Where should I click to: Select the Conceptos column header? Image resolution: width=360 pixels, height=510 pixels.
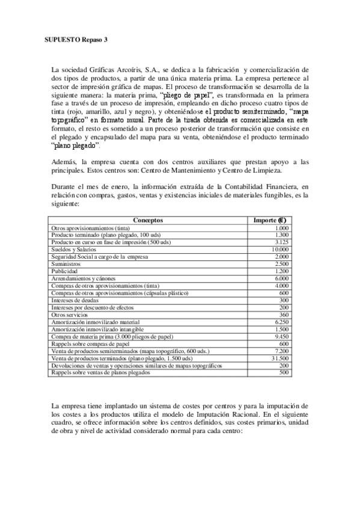(147, 221)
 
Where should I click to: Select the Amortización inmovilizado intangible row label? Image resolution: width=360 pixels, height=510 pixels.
(97, 329)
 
